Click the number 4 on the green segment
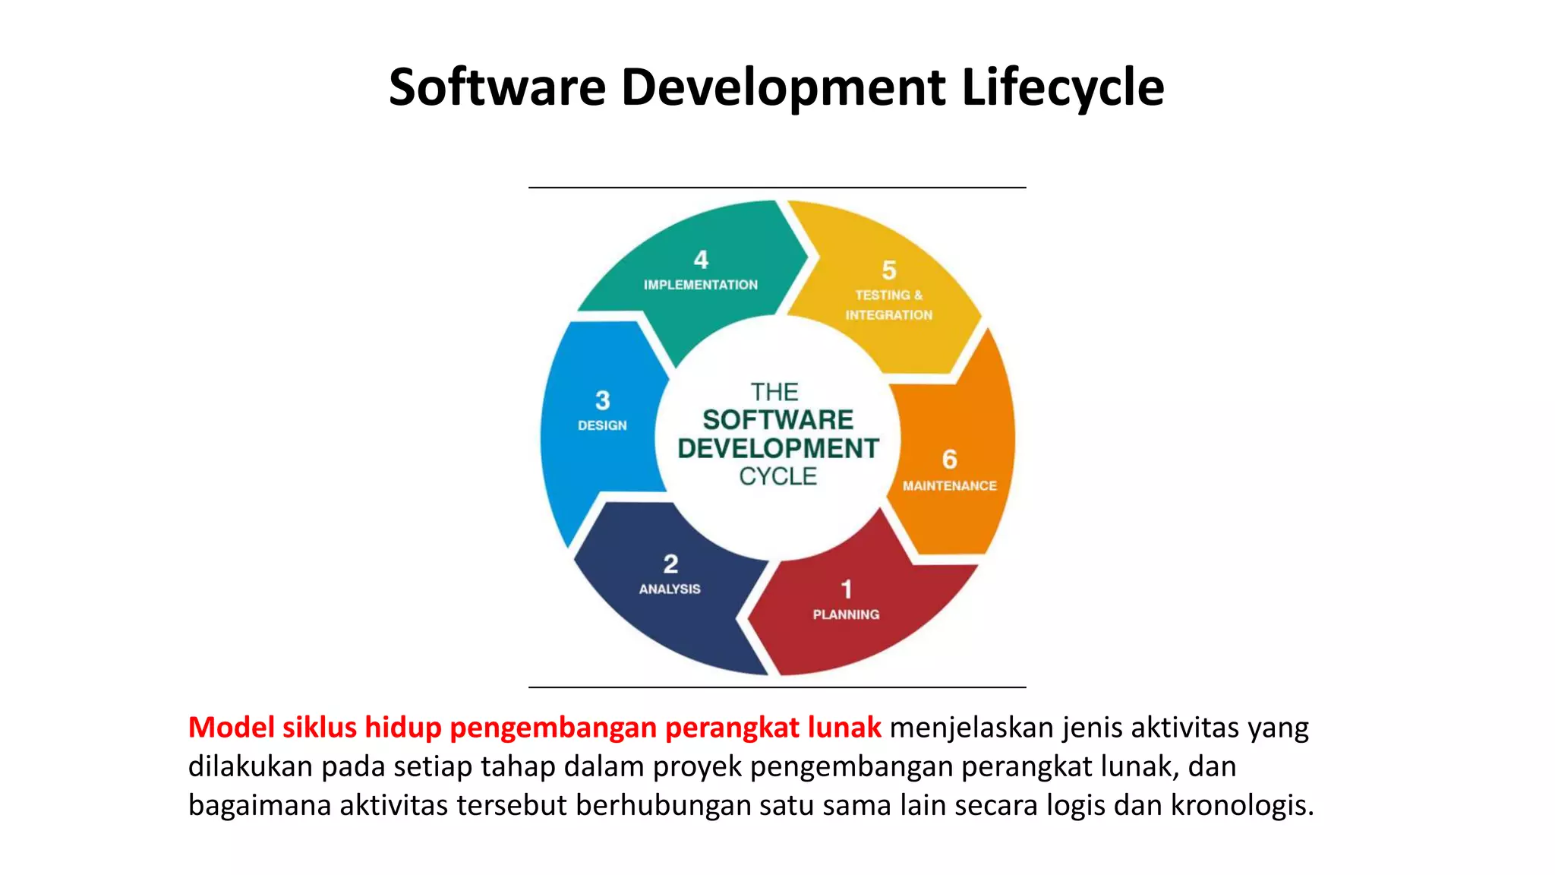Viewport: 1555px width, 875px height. (701, 260)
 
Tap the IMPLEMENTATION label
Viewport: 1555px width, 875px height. (701, 285)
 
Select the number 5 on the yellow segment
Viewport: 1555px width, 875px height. (889, 270)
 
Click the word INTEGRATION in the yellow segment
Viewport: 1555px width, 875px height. (889, 315)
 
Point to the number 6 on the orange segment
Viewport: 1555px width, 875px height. (949, 460)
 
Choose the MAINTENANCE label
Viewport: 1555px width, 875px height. (949, 486)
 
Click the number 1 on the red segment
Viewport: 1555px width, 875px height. (847, 589)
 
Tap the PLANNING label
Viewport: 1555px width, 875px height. (846, 614)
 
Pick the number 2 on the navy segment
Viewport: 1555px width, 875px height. (670, 564)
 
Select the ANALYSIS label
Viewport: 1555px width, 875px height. (670, 589)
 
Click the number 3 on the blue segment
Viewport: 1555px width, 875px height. (602, 400)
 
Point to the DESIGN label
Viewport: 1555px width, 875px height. (602, 425)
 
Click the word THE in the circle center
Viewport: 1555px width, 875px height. (774, 392)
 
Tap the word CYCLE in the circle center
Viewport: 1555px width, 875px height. (778, 476)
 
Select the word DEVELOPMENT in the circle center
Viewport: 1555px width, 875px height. (778, 448)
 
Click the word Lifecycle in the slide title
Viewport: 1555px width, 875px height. (1062, 87)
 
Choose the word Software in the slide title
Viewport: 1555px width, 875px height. (497, 87)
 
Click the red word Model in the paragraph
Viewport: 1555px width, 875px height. (231, 728)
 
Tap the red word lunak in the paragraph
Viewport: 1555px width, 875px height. (844, 728)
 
